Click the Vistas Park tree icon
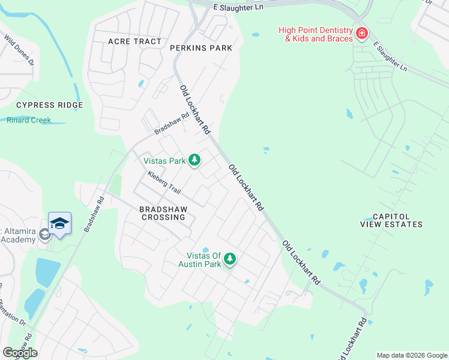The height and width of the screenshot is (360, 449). point(194,160)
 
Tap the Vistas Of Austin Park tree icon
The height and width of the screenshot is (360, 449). point(229,259)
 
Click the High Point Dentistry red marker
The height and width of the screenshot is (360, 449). point(361,33)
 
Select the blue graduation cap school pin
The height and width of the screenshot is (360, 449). point(59,223)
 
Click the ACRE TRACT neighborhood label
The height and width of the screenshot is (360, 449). point(134,41)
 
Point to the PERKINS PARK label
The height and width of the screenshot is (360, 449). point(200,47)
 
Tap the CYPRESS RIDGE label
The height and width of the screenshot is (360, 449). point(49,105)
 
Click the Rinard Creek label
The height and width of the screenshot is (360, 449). point(29,120)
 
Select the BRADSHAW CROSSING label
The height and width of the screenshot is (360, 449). point(163,213)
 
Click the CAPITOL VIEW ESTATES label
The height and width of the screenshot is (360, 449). point(391,220)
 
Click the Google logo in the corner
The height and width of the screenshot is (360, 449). point(20,353)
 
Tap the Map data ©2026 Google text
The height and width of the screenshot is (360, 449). point(411,355)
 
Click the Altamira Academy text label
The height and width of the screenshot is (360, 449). point(18,235)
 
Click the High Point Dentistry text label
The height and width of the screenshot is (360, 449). point(316,34)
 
